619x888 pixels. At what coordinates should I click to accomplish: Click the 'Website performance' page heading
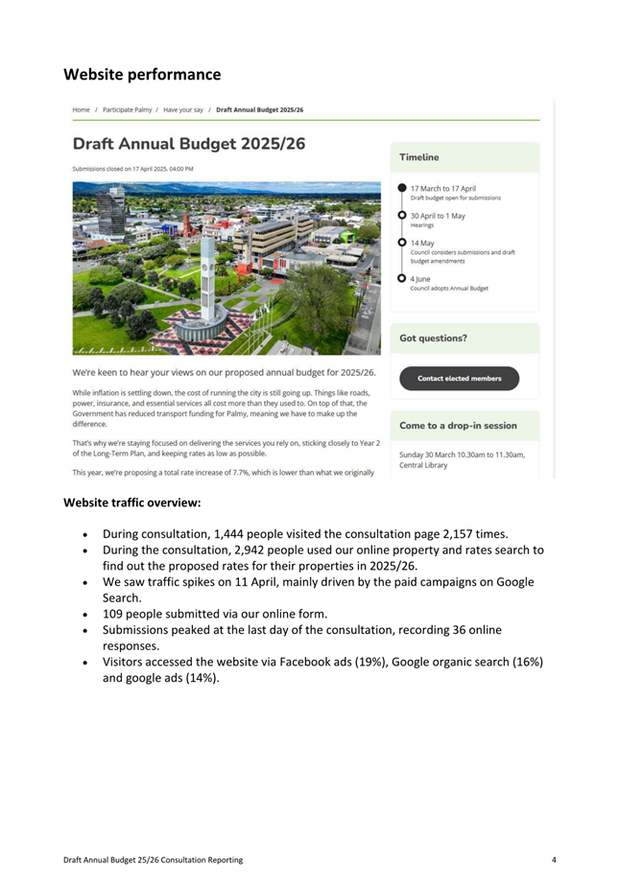pos(142,74)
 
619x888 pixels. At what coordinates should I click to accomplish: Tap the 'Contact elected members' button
pos(459,379)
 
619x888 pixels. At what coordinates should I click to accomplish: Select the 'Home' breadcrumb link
pos(81,110)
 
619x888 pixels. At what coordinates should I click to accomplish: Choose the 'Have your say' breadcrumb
pos(182,110)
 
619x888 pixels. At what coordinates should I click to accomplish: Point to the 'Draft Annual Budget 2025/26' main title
pos(189,145)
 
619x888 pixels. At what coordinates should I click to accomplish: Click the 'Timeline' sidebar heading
pos(419,157)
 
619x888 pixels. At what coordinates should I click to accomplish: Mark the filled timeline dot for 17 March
pos(402,189)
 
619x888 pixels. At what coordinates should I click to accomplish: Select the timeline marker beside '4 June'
pos(402,278)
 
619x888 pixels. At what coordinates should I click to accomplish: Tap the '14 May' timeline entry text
pos(423,243)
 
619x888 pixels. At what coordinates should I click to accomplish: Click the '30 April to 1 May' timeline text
pos(438,216)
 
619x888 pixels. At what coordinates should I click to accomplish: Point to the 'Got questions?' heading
pos(434,339)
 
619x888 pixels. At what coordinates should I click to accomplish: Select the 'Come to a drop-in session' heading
pos(458,425)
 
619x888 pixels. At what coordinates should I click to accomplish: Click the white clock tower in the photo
pos(208,278)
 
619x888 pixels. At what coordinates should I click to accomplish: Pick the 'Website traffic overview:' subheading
pos(132,502)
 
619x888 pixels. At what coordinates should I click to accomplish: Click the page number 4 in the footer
pos(554,859)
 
